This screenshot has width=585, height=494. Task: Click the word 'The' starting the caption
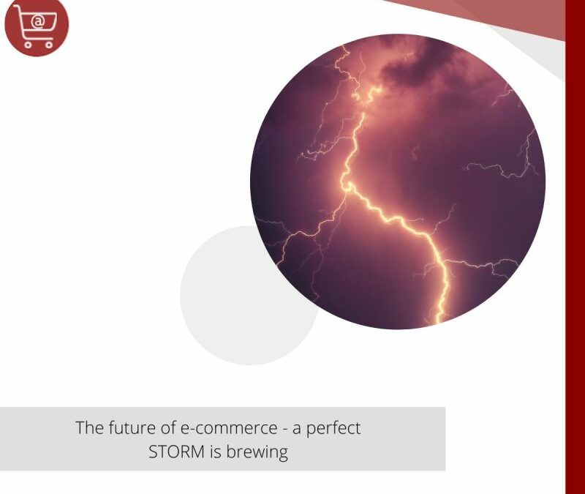click(x=90, y=427)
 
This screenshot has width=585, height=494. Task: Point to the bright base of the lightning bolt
click(x=441, y=311)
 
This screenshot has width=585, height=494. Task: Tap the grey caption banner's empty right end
click(x=417, y=439)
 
